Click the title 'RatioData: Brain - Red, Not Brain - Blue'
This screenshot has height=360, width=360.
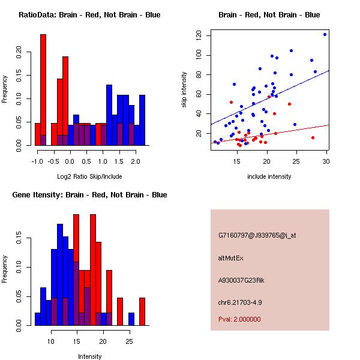(x=89, y=15)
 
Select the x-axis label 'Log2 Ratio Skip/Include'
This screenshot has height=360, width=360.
(x=89, y=177)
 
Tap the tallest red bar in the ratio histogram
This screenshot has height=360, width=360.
(x=43, y=90)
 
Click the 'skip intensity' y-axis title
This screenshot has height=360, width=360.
(x=184, y=90)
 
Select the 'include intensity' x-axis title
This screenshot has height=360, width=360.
(x=269, y=177)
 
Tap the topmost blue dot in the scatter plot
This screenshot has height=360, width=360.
(x=325, y=34)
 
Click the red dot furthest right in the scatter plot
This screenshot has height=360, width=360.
(x=313, y=137)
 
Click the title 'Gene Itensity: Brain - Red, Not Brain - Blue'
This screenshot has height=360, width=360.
(x=89, y=195)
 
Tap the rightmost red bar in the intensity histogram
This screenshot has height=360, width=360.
(x=142, y=311)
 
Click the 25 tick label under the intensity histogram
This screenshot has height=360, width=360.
(x=129, y=341)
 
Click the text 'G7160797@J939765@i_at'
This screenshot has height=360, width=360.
(x=257, y=235)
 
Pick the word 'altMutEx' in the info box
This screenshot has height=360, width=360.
(x=230, y=258)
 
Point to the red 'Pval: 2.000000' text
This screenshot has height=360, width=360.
(x=239, y=319)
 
